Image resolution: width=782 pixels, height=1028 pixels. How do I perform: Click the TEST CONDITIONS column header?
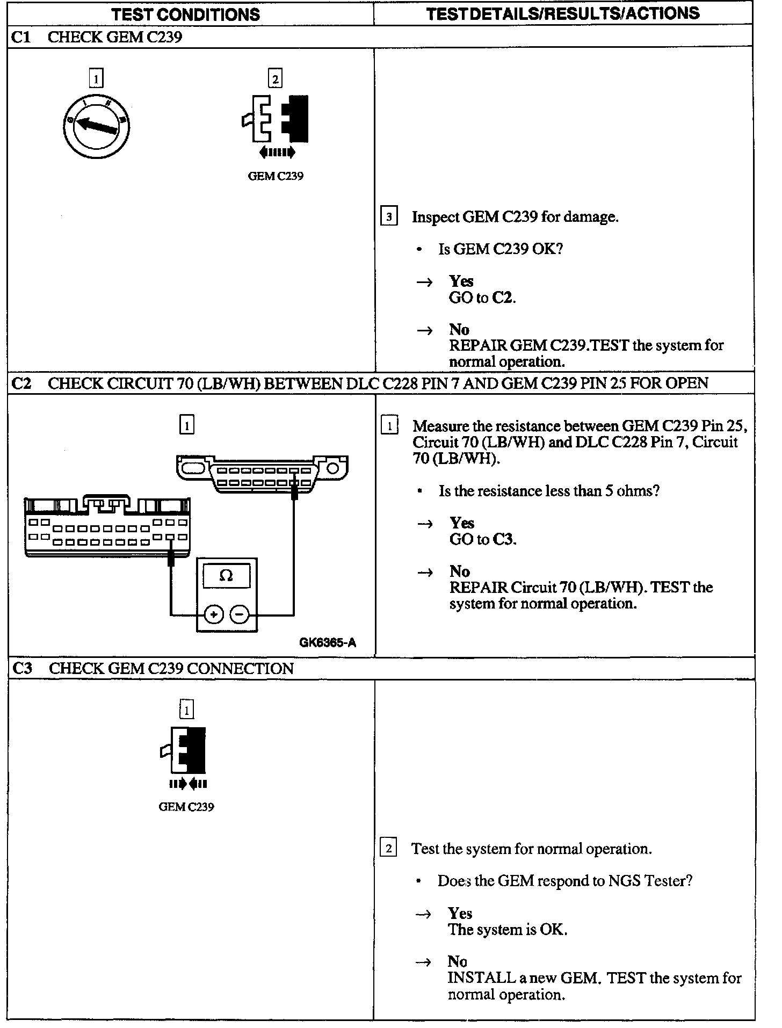coord(185,14)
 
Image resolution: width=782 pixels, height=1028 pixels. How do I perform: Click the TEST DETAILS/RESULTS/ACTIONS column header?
coord(562,13)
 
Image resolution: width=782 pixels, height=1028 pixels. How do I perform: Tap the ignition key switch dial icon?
coord(96,127)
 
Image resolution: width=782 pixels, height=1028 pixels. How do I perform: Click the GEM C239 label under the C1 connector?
coord(276,176)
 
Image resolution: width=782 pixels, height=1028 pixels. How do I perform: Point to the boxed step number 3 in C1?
coord(389,217)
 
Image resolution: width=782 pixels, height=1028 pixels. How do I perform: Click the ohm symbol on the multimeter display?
coord(226,576)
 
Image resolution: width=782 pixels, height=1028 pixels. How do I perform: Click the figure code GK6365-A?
coord(328,643)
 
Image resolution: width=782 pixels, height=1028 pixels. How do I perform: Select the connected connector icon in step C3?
coord(186,750)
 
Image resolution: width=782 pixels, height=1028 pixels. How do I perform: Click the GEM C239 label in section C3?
coord(186,807)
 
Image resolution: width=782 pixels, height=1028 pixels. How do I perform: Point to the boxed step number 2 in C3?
coord(388,849)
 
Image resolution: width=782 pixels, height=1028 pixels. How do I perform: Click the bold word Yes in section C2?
coord(462,523)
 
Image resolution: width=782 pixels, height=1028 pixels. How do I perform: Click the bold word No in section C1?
coord(459,329)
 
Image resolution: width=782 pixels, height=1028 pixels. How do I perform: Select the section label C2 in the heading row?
coord(21,383)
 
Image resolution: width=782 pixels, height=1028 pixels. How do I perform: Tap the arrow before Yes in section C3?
coord(424,914)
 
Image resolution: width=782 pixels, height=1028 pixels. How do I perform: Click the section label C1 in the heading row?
coord(21,37)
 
